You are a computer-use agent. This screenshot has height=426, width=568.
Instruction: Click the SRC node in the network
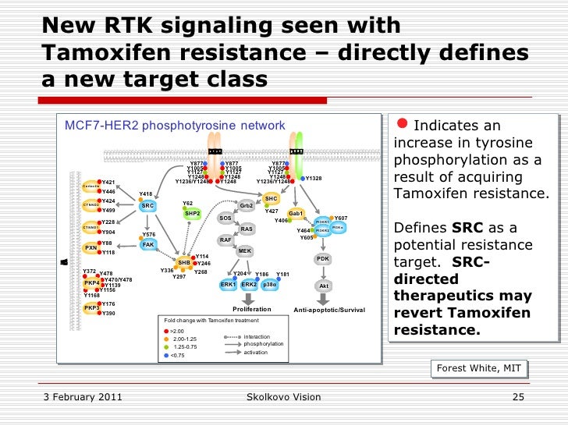pos(147,206)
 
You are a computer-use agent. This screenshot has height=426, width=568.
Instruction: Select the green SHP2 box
pos(193,213)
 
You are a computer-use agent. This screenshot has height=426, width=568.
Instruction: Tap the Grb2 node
pos(246,206)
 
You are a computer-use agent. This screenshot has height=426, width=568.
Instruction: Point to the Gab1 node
pos(296,213)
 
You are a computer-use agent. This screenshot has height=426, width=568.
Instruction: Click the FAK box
pos(148,244)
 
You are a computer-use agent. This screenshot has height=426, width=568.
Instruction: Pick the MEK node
pos(244,250)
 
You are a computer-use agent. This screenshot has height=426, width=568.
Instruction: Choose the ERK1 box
pos(228,285)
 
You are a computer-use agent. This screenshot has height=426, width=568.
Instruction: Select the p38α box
pos(269,285)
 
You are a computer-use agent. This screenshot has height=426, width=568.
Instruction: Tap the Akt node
pos(324,286)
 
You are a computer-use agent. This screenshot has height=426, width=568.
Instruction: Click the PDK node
pos(323,259)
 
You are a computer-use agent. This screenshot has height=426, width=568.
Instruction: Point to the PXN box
pos(91,249)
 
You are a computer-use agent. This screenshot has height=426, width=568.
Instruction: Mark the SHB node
pos(184,262)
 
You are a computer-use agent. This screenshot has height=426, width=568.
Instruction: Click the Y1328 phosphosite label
pos(314,179)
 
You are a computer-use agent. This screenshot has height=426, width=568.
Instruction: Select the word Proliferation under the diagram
pos(252,310)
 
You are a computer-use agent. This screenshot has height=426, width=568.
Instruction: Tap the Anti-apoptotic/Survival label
pos(329,311)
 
